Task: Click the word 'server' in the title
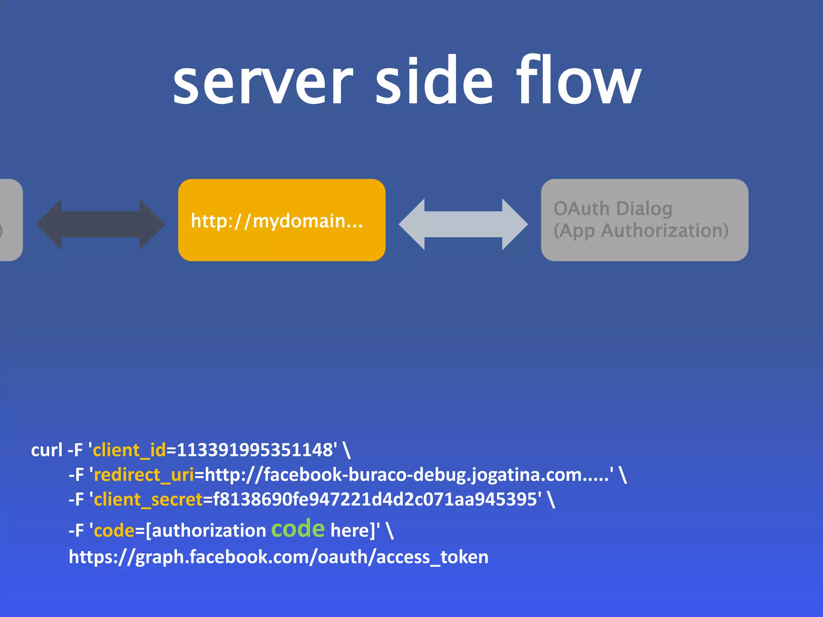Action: coord(263,82)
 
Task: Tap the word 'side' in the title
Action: coord(434,80)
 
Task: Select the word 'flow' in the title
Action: coord(579,80)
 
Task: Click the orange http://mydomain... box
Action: coord(282,220)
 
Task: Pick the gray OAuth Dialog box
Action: coord(644,220)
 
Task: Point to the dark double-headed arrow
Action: coord(100,224)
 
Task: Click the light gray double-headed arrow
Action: coord(463,224)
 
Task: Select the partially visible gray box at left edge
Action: coord(10,220)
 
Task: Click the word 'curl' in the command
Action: coord(47,450)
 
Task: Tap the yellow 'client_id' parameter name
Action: coord(129,450)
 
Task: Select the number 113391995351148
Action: coord(255,450)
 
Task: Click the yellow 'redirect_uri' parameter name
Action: coord(144,475)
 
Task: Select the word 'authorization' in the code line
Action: coord(209,531)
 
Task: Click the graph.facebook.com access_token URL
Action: coord(278,557)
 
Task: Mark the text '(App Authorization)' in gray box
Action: coord(641,231)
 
